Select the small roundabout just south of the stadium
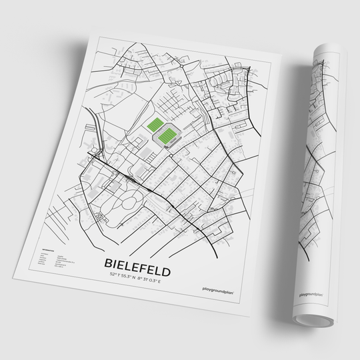point(171,155)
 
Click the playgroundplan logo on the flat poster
point(217,289)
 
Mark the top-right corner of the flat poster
point(283,61)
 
